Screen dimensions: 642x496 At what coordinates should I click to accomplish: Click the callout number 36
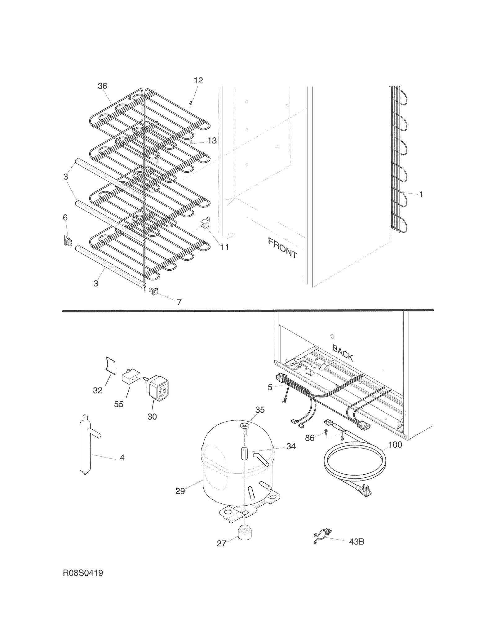click(102, 86)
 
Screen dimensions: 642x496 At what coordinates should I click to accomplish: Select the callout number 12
click(198, 81)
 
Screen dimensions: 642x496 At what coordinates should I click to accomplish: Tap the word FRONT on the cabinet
click(282, 248)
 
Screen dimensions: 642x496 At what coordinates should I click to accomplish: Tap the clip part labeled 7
click(154, 291)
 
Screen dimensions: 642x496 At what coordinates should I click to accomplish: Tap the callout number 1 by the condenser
click(421, 194)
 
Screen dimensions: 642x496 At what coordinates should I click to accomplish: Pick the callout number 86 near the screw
click(310, 438)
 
